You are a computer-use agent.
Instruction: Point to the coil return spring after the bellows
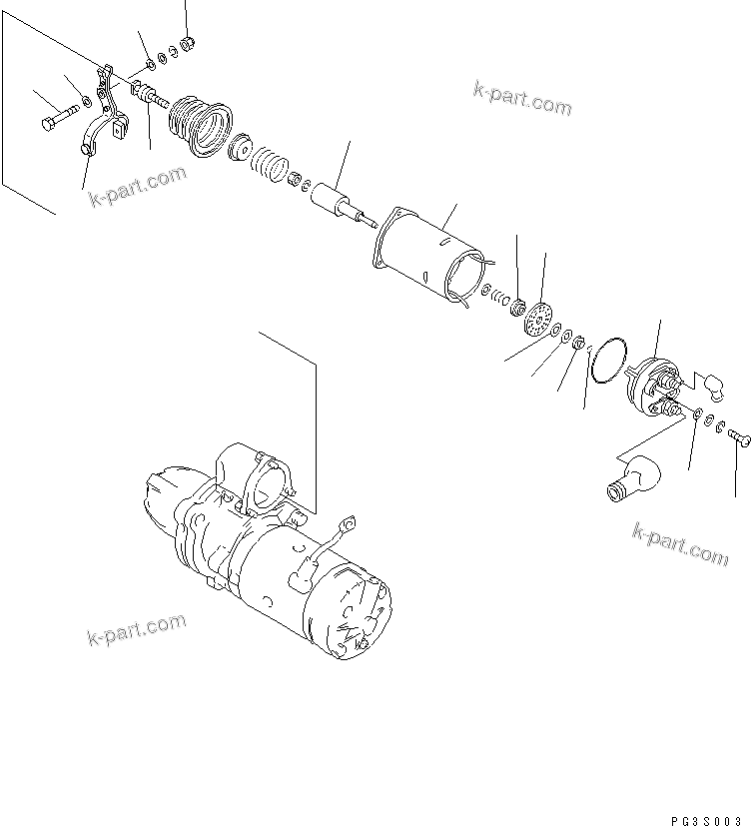pos(267,163)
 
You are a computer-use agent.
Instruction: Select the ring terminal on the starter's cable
pos(351,521)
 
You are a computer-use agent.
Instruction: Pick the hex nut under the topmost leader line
pos(186,44)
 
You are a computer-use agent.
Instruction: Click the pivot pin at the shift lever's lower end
pos(85,150)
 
